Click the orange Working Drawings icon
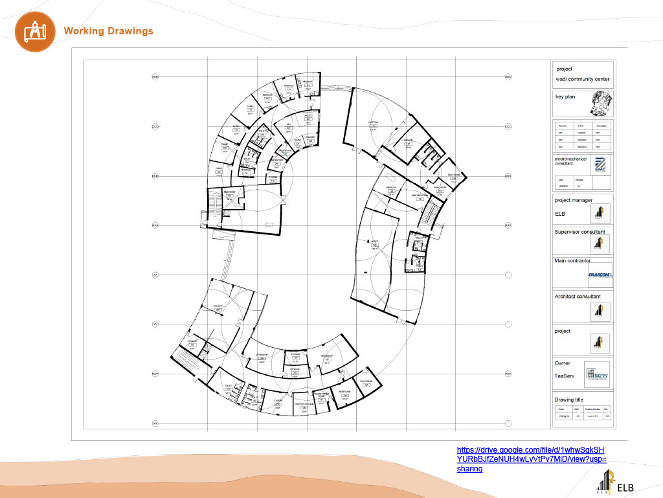(x=32, y=31)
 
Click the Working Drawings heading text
(x=108, y=31)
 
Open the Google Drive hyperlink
(x=531, y=459)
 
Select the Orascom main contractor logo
(x=600, y=275)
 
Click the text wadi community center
(x=582, y=80)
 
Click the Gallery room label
(x=218, y=307)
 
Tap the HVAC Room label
(x=366, y=381)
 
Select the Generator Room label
(x=304, y=404)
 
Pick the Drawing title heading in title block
(x=568, y=400)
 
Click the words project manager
(x=573, y=200)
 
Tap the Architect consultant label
(x=577, y=297)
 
